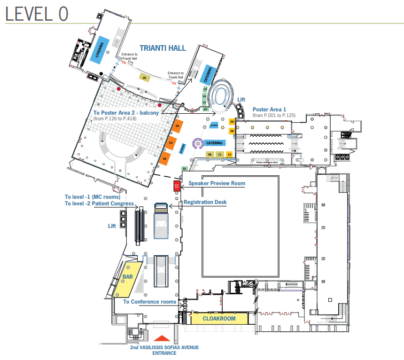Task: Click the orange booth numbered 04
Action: [x=178, y=126]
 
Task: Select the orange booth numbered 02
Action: [x=165, y=159]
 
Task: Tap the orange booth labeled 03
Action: [x=171, y=143]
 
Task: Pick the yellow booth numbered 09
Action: [x=232, y=122]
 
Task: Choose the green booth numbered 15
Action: [x=204, y=89]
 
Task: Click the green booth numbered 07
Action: [x=205, y=109]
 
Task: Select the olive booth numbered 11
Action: [x=219, y=154]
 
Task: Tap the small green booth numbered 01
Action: [x=185, y=168]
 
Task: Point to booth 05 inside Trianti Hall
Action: [x=145, y=78]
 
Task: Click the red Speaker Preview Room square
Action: [x=177, y=186]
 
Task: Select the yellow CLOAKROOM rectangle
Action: [x=218, y=319]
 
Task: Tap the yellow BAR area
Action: [x=125, y=279]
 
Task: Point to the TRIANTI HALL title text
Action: [x=163, y=48]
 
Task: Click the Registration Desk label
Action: [x=205, y=202]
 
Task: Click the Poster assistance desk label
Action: [x=272, y=162]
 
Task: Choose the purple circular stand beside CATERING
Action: [x=198, y=143]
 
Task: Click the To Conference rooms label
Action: [x=150, y=302]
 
